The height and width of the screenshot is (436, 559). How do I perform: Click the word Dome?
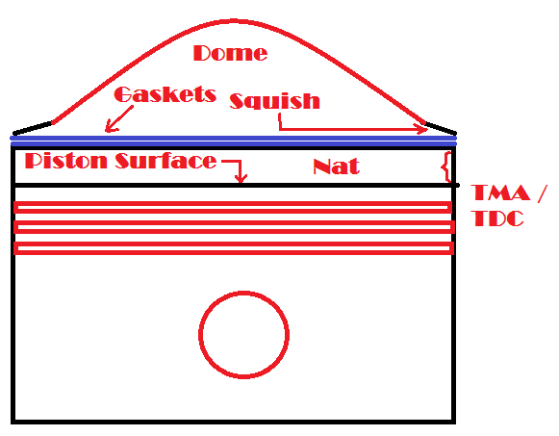(x=230, y=53)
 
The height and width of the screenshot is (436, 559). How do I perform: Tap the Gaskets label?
(x=165, y=94)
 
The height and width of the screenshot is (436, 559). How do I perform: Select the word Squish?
(x=274, y=101)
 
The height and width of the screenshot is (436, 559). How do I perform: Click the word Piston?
(x=66, y=161)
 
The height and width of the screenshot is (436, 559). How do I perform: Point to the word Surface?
(x=165, y=161)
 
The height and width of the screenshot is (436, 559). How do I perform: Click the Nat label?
(x=336, y=167)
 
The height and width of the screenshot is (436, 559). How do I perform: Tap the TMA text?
(x=500, y=192)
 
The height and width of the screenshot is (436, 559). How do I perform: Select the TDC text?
(x=498, y=218)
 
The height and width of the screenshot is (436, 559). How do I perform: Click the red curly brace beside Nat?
(x=445, y=167)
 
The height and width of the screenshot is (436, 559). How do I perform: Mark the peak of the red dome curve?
(x=234, y=21)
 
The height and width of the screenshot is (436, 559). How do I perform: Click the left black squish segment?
(x=33, y=129)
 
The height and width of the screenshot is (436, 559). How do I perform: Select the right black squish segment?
(x=441, y=128)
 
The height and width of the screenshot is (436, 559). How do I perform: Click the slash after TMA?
(x=541, y=193)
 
